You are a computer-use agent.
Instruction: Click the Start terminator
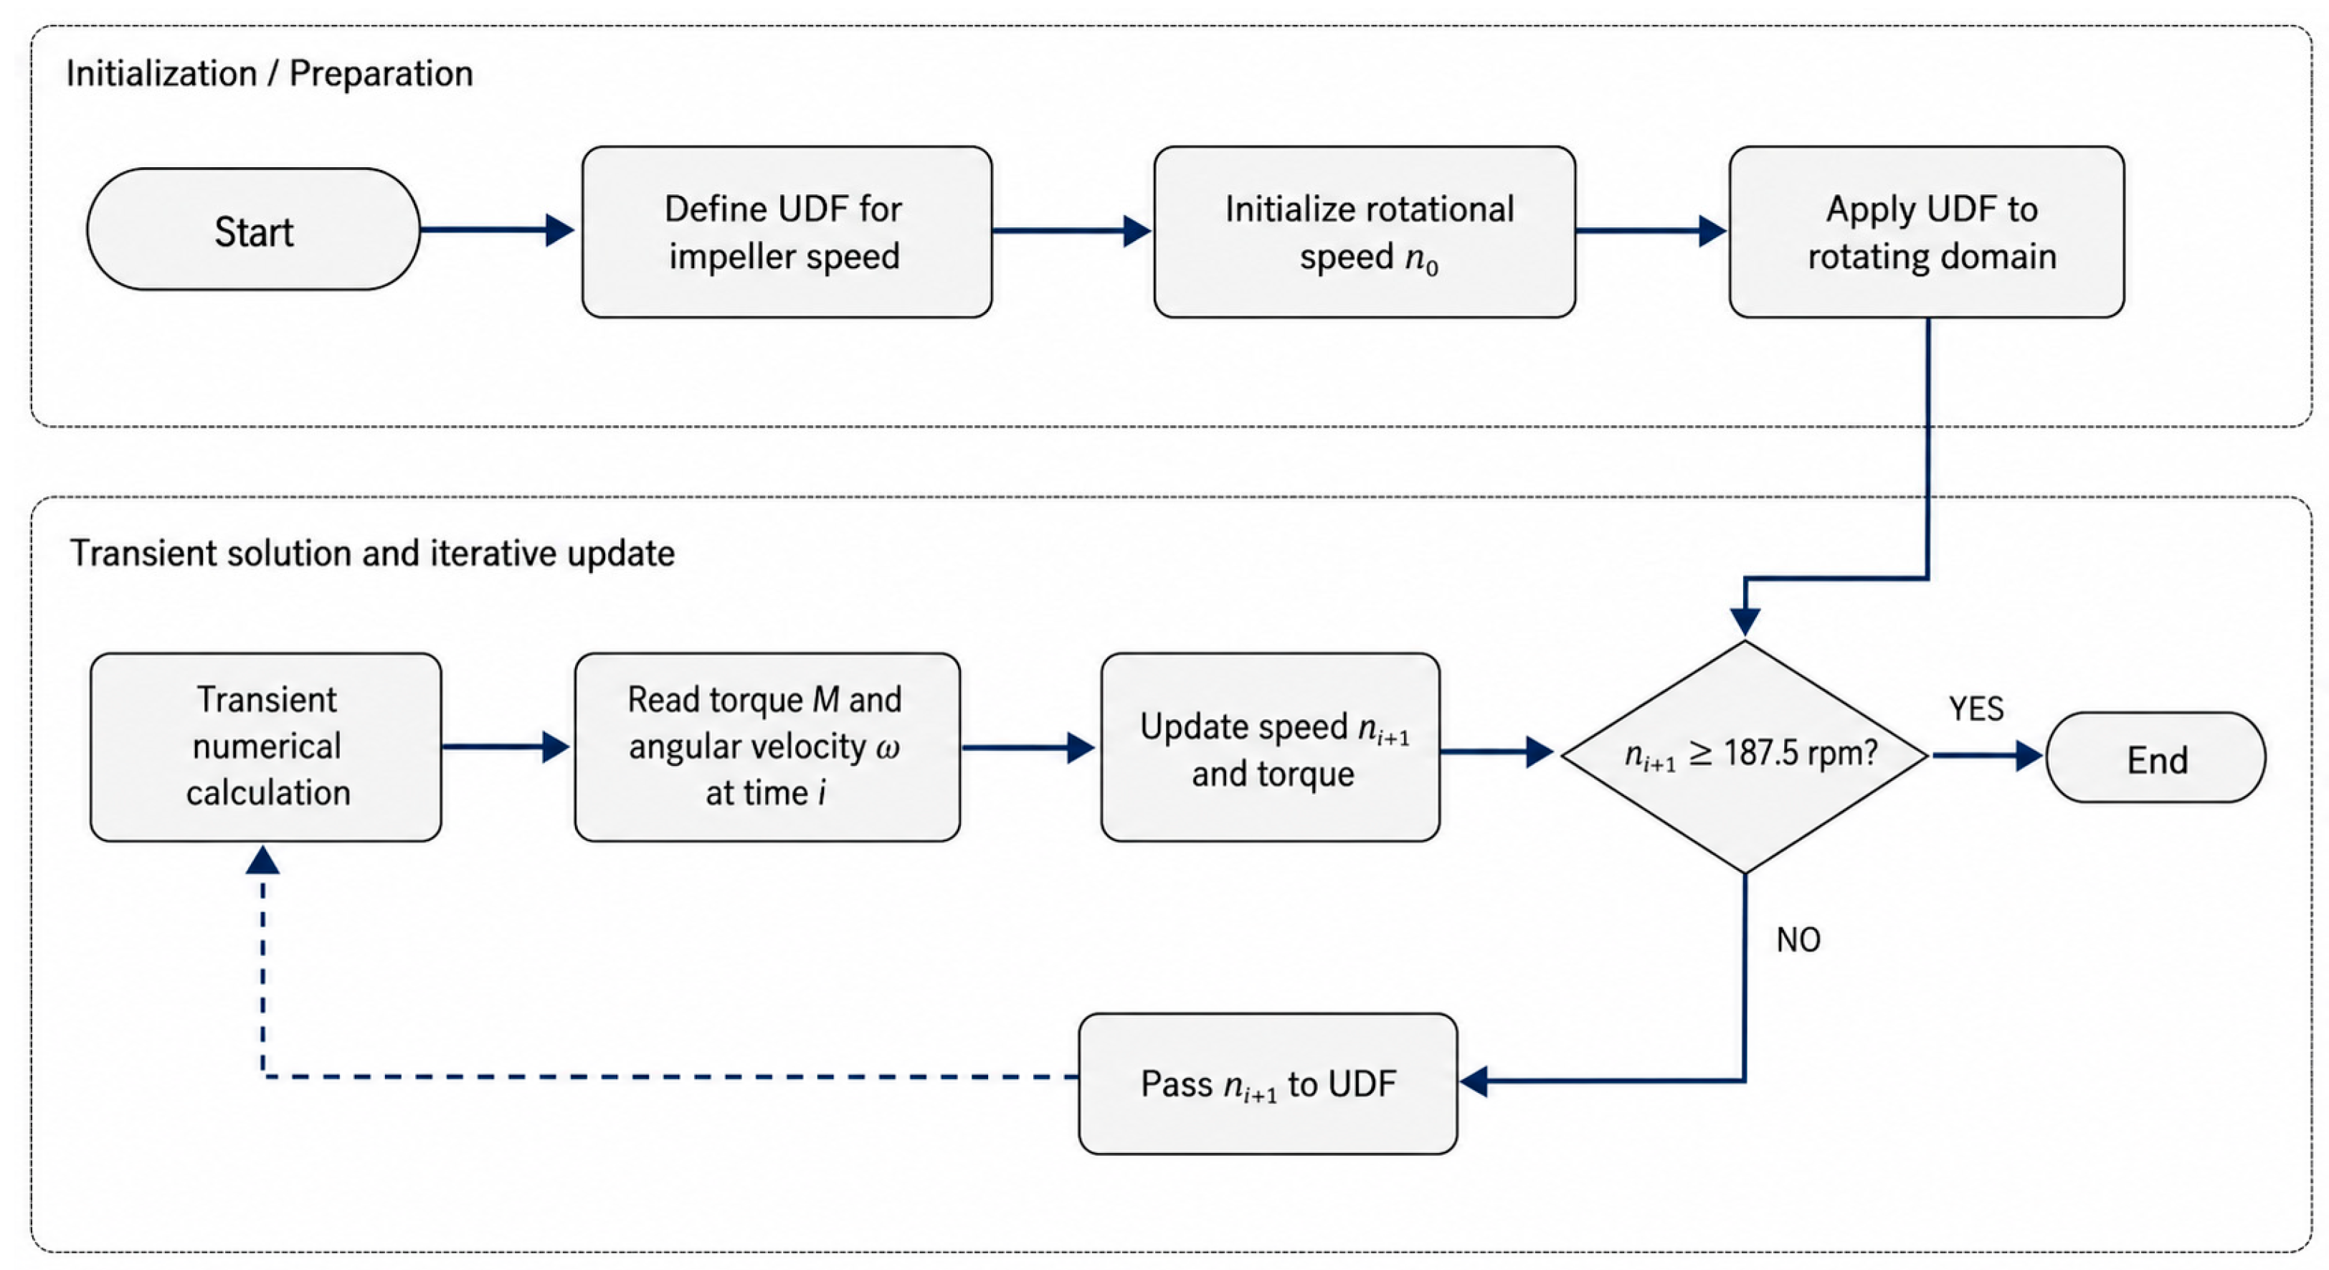(253, 229)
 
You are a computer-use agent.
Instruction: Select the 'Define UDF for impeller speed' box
(787, 232)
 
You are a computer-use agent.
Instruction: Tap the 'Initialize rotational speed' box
(1365, 232)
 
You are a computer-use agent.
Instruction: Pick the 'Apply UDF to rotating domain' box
(1927, 232)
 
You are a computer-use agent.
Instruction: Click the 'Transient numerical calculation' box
(266, 747)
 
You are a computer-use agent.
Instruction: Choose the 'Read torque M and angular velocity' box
(767, 747)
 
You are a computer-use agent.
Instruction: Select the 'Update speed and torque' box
(1271, 747)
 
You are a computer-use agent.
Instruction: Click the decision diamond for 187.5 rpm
(1745, 757)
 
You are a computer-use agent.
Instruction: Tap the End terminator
(2155, 757)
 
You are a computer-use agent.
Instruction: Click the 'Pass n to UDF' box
(1268, 1084)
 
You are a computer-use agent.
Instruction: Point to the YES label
(1976, 709)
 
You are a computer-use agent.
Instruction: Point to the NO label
(1798, 940)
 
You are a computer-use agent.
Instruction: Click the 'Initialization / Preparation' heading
(270, 74)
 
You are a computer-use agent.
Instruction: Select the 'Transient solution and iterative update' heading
(372, 553)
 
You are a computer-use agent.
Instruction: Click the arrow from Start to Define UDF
(497, 229)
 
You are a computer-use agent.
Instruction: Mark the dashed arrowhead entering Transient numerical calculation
(262, 860)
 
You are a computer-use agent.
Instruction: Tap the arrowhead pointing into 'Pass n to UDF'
(1474, 1081)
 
